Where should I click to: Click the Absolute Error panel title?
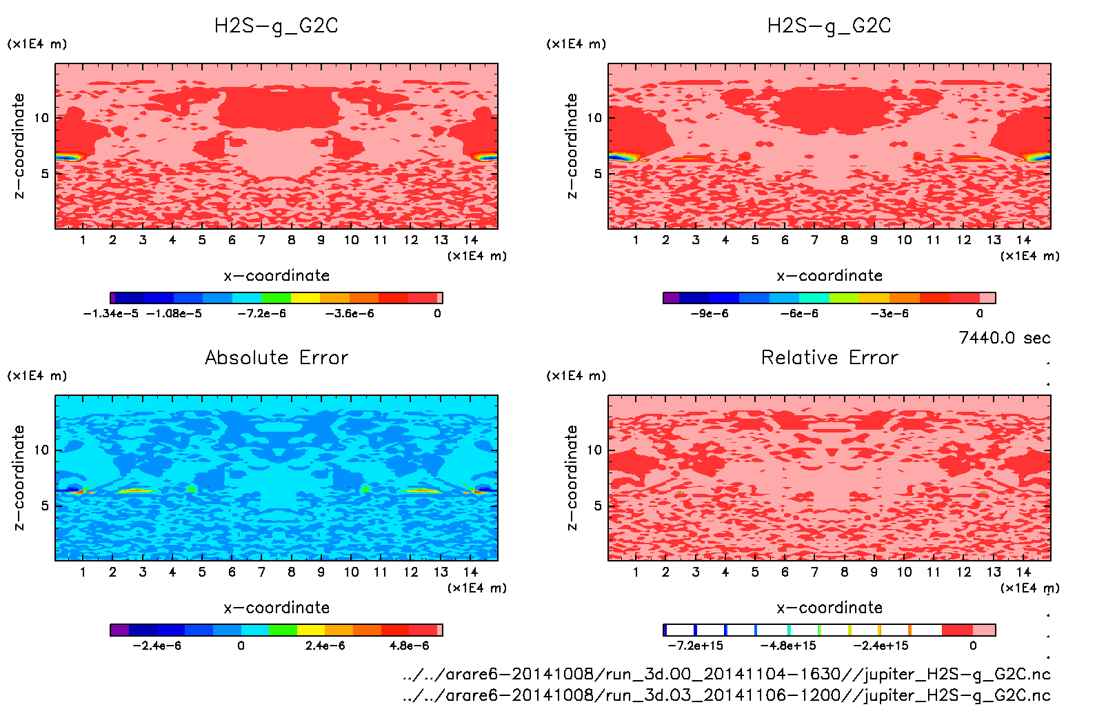276,357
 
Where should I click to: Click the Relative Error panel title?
829,357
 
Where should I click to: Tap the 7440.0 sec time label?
1004,338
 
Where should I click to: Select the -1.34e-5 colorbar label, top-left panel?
110,314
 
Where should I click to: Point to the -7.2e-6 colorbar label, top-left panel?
261,314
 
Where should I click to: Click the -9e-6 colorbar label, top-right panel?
710,314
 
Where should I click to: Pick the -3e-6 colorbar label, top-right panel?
889,314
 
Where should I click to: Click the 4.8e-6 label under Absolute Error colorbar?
409,646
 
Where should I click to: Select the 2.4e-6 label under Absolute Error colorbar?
325,646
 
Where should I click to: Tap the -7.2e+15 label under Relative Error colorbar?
695,646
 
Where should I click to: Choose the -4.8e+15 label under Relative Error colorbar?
787,646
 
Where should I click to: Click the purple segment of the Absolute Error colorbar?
120,630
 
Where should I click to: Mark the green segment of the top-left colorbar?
276,298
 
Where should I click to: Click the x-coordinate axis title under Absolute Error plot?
276,608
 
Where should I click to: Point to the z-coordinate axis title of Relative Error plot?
572,477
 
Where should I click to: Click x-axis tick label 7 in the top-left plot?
261,240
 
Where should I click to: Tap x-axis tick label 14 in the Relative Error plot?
1023,572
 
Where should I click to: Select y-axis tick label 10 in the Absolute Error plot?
42,450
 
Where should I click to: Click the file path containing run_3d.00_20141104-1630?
726,674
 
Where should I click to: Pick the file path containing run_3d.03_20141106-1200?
726,695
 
